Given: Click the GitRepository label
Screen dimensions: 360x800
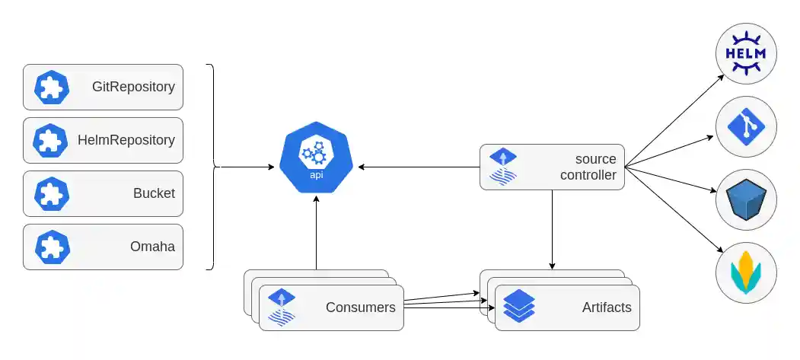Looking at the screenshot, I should point(133,87).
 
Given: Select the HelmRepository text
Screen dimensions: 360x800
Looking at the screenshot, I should point(126,140).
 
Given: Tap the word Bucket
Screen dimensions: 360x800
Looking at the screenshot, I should point(154,193).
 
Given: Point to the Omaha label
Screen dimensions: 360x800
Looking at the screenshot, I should point(152,247).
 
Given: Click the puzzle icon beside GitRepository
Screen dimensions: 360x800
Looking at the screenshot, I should point(52,88).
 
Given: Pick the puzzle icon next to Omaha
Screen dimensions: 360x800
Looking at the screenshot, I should point(52,247).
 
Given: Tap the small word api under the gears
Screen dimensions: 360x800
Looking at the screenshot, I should point(316,175).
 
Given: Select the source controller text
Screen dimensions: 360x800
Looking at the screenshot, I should point(588,167).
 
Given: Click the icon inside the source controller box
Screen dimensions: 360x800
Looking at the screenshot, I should point(502,167).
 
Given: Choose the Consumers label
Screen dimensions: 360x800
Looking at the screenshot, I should point(360,307).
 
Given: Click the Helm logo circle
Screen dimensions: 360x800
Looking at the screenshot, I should point(746,53).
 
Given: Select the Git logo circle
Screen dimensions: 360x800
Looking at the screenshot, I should point(746,126).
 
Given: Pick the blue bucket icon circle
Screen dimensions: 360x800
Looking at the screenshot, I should point(746,200).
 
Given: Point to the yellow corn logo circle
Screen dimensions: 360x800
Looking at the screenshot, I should point(746,272).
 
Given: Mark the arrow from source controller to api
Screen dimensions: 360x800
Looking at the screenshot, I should point(419,167).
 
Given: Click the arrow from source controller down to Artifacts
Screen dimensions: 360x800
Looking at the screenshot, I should point(552,228).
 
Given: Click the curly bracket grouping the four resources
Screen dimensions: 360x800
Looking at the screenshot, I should point(212,166).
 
